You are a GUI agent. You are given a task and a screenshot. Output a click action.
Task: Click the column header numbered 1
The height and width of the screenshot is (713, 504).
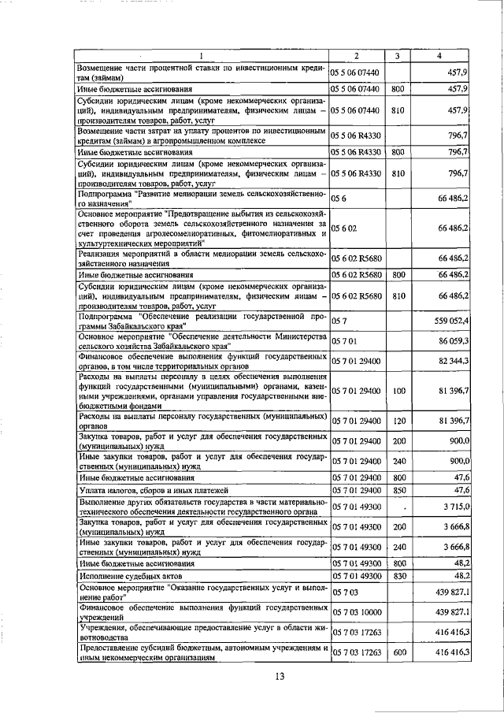pyautogui.click(x=202, y=55)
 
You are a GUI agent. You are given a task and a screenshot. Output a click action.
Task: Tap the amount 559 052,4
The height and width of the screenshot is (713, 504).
pyautogui.click(x=450, y=321)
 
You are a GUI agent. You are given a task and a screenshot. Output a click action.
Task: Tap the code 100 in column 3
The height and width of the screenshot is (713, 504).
pyautogui.click(x=398, y=390)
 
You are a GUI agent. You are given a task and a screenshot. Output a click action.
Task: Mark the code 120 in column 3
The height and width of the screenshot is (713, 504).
pyautogui.click(x=398, y=420)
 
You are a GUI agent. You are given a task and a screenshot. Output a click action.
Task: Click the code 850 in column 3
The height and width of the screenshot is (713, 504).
pyautogui.click(x=398, y=490)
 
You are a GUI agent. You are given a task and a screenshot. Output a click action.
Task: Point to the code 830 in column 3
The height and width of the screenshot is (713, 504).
pyautogui.click(x=398, y=577)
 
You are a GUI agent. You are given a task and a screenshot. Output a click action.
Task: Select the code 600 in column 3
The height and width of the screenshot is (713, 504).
pyautogui.click(x=398, y=652)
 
